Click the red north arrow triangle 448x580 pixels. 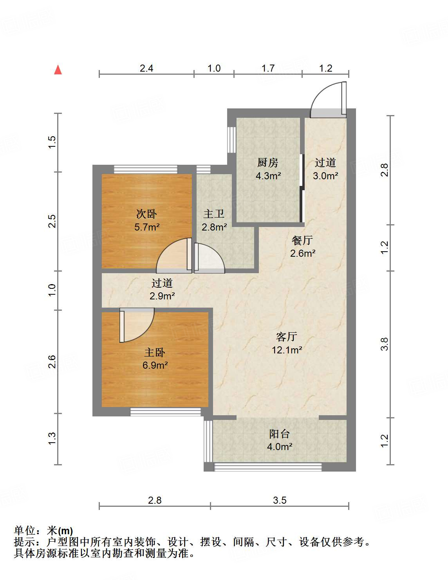pos(58,70)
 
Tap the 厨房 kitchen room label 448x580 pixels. pos(268,162)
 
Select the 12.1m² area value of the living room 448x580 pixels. pos(287,350)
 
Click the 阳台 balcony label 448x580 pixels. pos(279,434)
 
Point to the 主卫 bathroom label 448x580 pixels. pos(214,214)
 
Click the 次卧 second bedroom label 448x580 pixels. pos(146,214)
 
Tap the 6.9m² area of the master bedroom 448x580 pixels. pos(155,366)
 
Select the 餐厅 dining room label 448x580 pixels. pos(302,240)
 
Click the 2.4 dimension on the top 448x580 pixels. pos(146,68)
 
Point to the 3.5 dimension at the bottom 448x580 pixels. pos(280,500)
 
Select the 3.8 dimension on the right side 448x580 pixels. pos(385,344)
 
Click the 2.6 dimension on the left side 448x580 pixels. pos(52,362)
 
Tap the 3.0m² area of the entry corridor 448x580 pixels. pos(325,176)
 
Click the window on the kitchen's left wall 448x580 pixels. pos(231,139)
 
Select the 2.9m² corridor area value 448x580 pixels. pos(162,296)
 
